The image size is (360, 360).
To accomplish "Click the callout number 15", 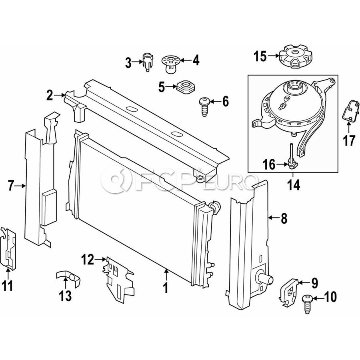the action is [260, 56].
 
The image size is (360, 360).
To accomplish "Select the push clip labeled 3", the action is [147, 61].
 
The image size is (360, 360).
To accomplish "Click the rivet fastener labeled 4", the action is [170, 64].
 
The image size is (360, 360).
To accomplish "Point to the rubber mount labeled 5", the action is [186, 87].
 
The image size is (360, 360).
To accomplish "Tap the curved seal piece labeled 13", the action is [68, 278].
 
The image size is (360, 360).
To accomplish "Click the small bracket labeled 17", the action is [350, 112].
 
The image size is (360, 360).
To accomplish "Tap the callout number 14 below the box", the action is [294, 185].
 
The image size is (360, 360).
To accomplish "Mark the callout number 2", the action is [49, 96].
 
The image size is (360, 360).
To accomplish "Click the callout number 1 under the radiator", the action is [166, 288].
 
